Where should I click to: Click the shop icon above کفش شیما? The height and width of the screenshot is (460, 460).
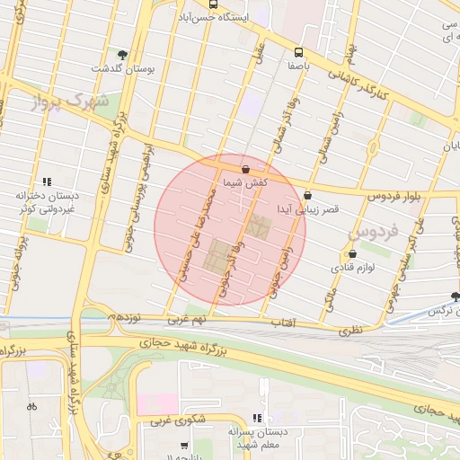tap(245, 167)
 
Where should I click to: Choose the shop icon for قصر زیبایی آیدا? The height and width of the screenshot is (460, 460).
tap(308, 194)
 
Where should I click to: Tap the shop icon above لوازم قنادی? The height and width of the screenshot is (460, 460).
tap(351, 253)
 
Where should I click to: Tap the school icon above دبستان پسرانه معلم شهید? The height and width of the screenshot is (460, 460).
tap(257, 418)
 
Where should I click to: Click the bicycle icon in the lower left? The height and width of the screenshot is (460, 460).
tap(32, 405)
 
